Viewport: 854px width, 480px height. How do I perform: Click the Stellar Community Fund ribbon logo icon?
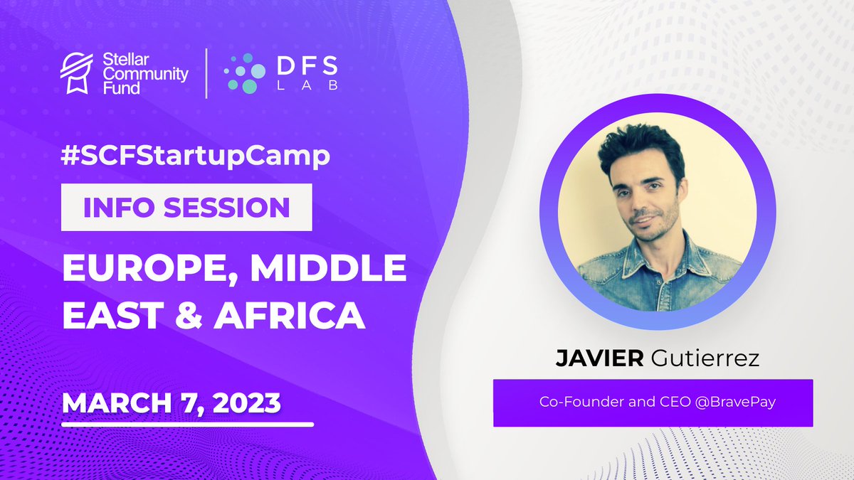point(75,73)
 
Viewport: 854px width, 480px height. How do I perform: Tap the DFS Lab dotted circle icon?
point(240,73)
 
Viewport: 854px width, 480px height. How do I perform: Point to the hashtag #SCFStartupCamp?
point(196,156)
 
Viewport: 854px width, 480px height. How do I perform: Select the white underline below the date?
point(188,425)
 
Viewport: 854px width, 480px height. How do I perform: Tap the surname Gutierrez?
point(705,358)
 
